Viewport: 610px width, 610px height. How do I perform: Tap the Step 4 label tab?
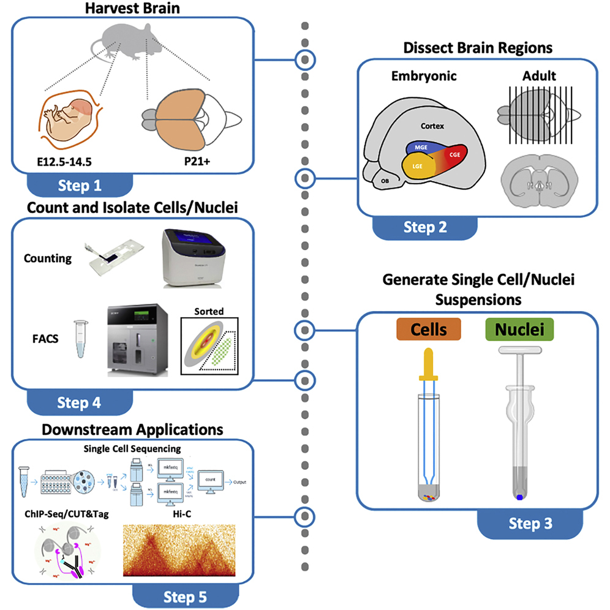(x=80, y=402)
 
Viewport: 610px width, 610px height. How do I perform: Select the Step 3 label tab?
(x=530, y=524)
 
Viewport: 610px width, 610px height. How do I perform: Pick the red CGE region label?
(x=454, y=156)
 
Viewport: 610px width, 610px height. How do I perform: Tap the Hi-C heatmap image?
(x=179, y=550)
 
